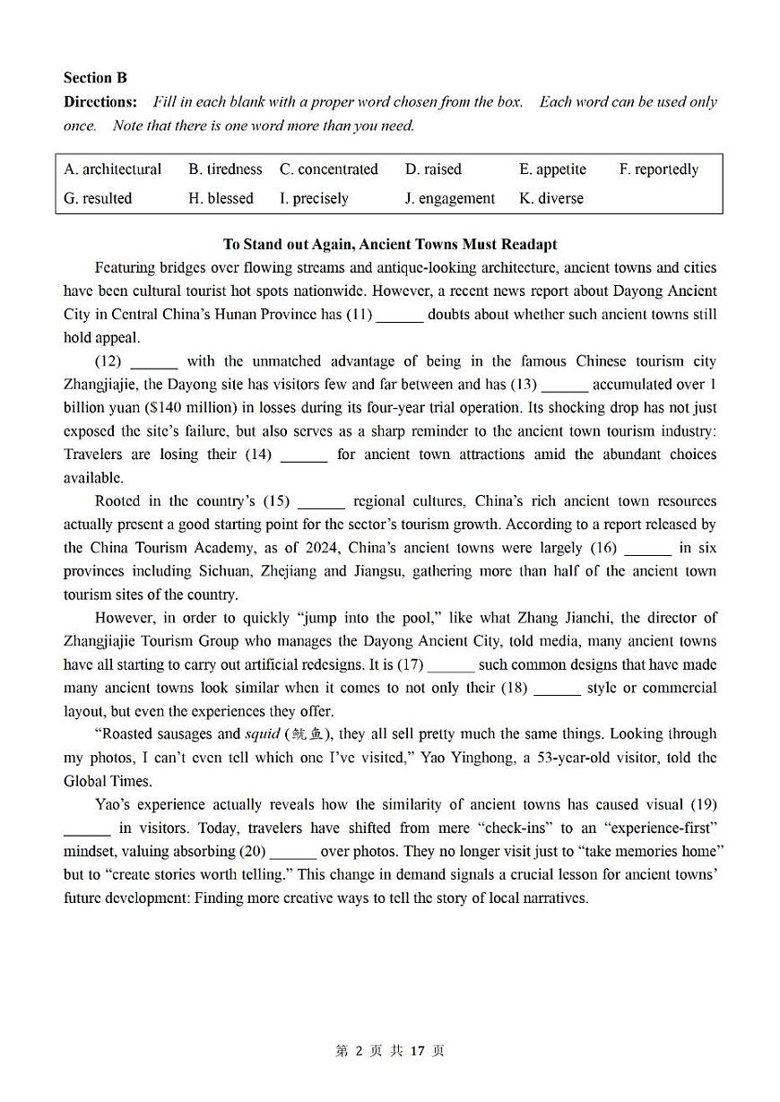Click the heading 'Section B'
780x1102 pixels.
(95, 78)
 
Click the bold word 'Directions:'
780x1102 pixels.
(100, 102)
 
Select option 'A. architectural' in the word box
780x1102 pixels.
(113, 169)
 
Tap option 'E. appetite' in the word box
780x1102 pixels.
(552, 169)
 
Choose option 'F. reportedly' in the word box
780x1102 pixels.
(658, 169)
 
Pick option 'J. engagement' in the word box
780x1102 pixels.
(449, 199)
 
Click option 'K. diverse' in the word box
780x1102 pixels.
(550, 199)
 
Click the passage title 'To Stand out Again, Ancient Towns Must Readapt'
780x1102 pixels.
(390, 244)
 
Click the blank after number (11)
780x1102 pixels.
(400, 316)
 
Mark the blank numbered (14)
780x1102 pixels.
(304, 456)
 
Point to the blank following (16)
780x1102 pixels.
(647, 549)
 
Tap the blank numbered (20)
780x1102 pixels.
(293, 852)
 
